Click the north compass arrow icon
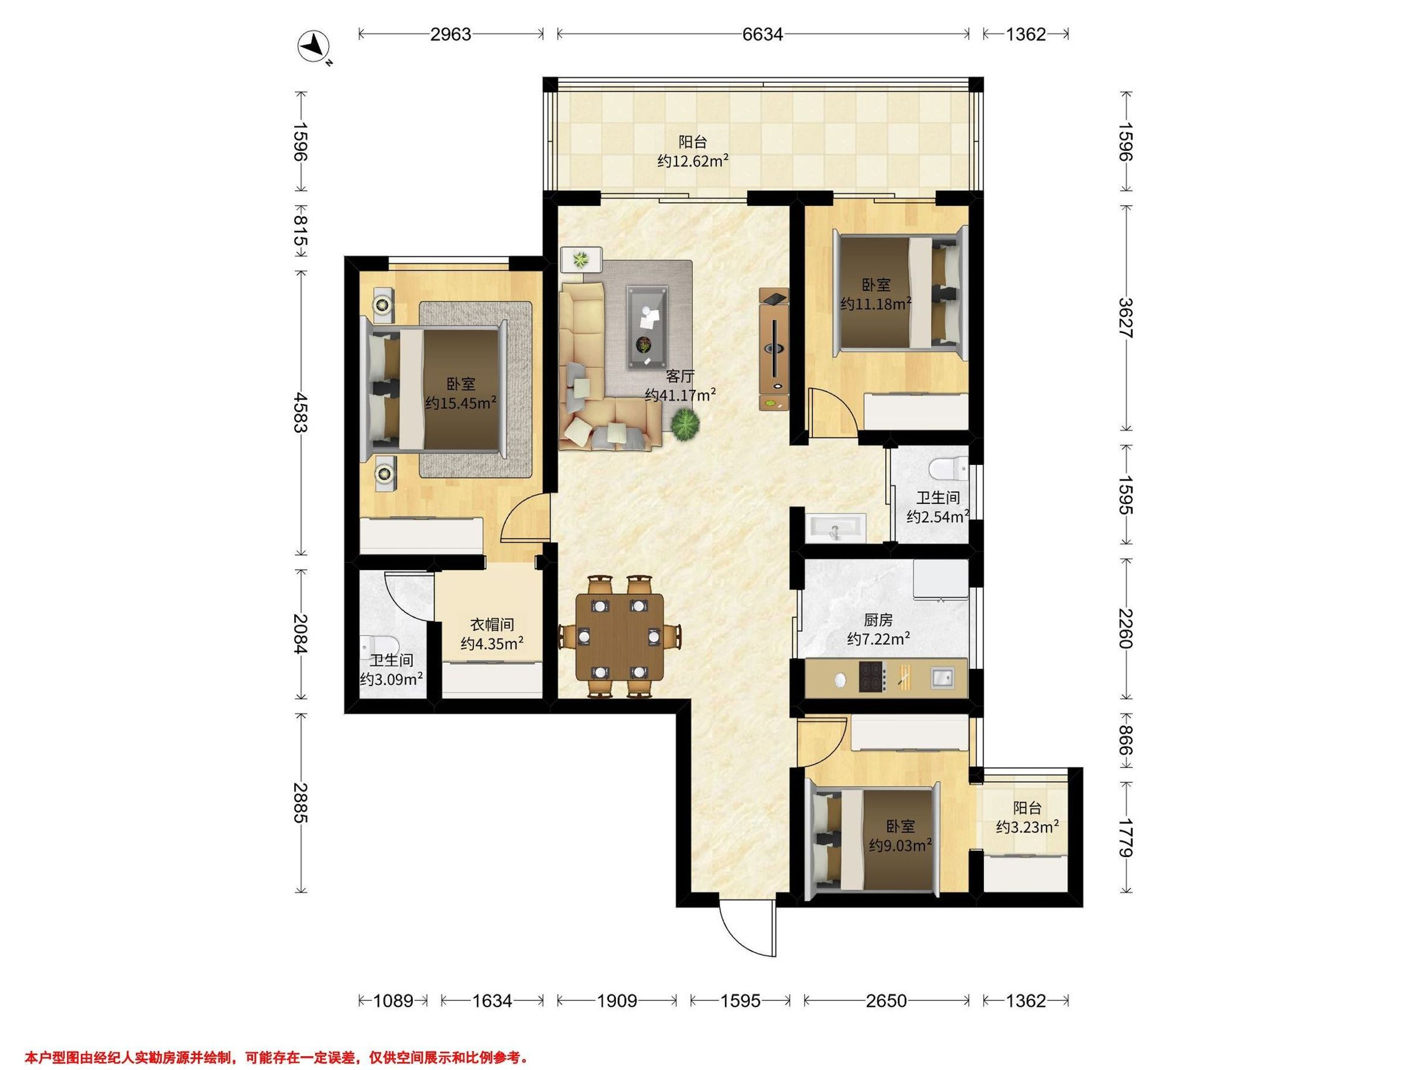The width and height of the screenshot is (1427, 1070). pyautogui.click(x=313, y=47)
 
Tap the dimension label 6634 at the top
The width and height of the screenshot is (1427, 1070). pyautogui.click(x=762, y=34)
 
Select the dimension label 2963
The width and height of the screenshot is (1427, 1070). pyautogui.click(x=451, y=34)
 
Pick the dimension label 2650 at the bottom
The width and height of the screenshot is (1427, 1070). pyautogui.click(x=887, y=1001)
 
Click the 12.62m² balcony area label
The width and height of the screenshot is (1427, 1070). pyautogui.click(x=693, y=161)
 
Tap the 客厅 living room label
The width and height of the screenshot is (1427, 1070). pyautogui.click(x=680, y=376)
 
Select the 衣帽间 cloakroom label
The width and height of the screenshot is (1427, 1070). pyautogui.click(x=492, y=624)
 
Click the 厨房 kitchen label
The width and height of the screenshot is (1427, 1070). pyautogui.click(x=878, y=620)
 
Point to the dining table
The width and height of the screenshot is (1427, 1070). pyautogui.click(x=620, y=637)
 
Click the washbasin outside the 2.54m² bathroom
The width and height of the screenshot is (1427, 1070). pyautogui.click(x=835, y=524)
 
